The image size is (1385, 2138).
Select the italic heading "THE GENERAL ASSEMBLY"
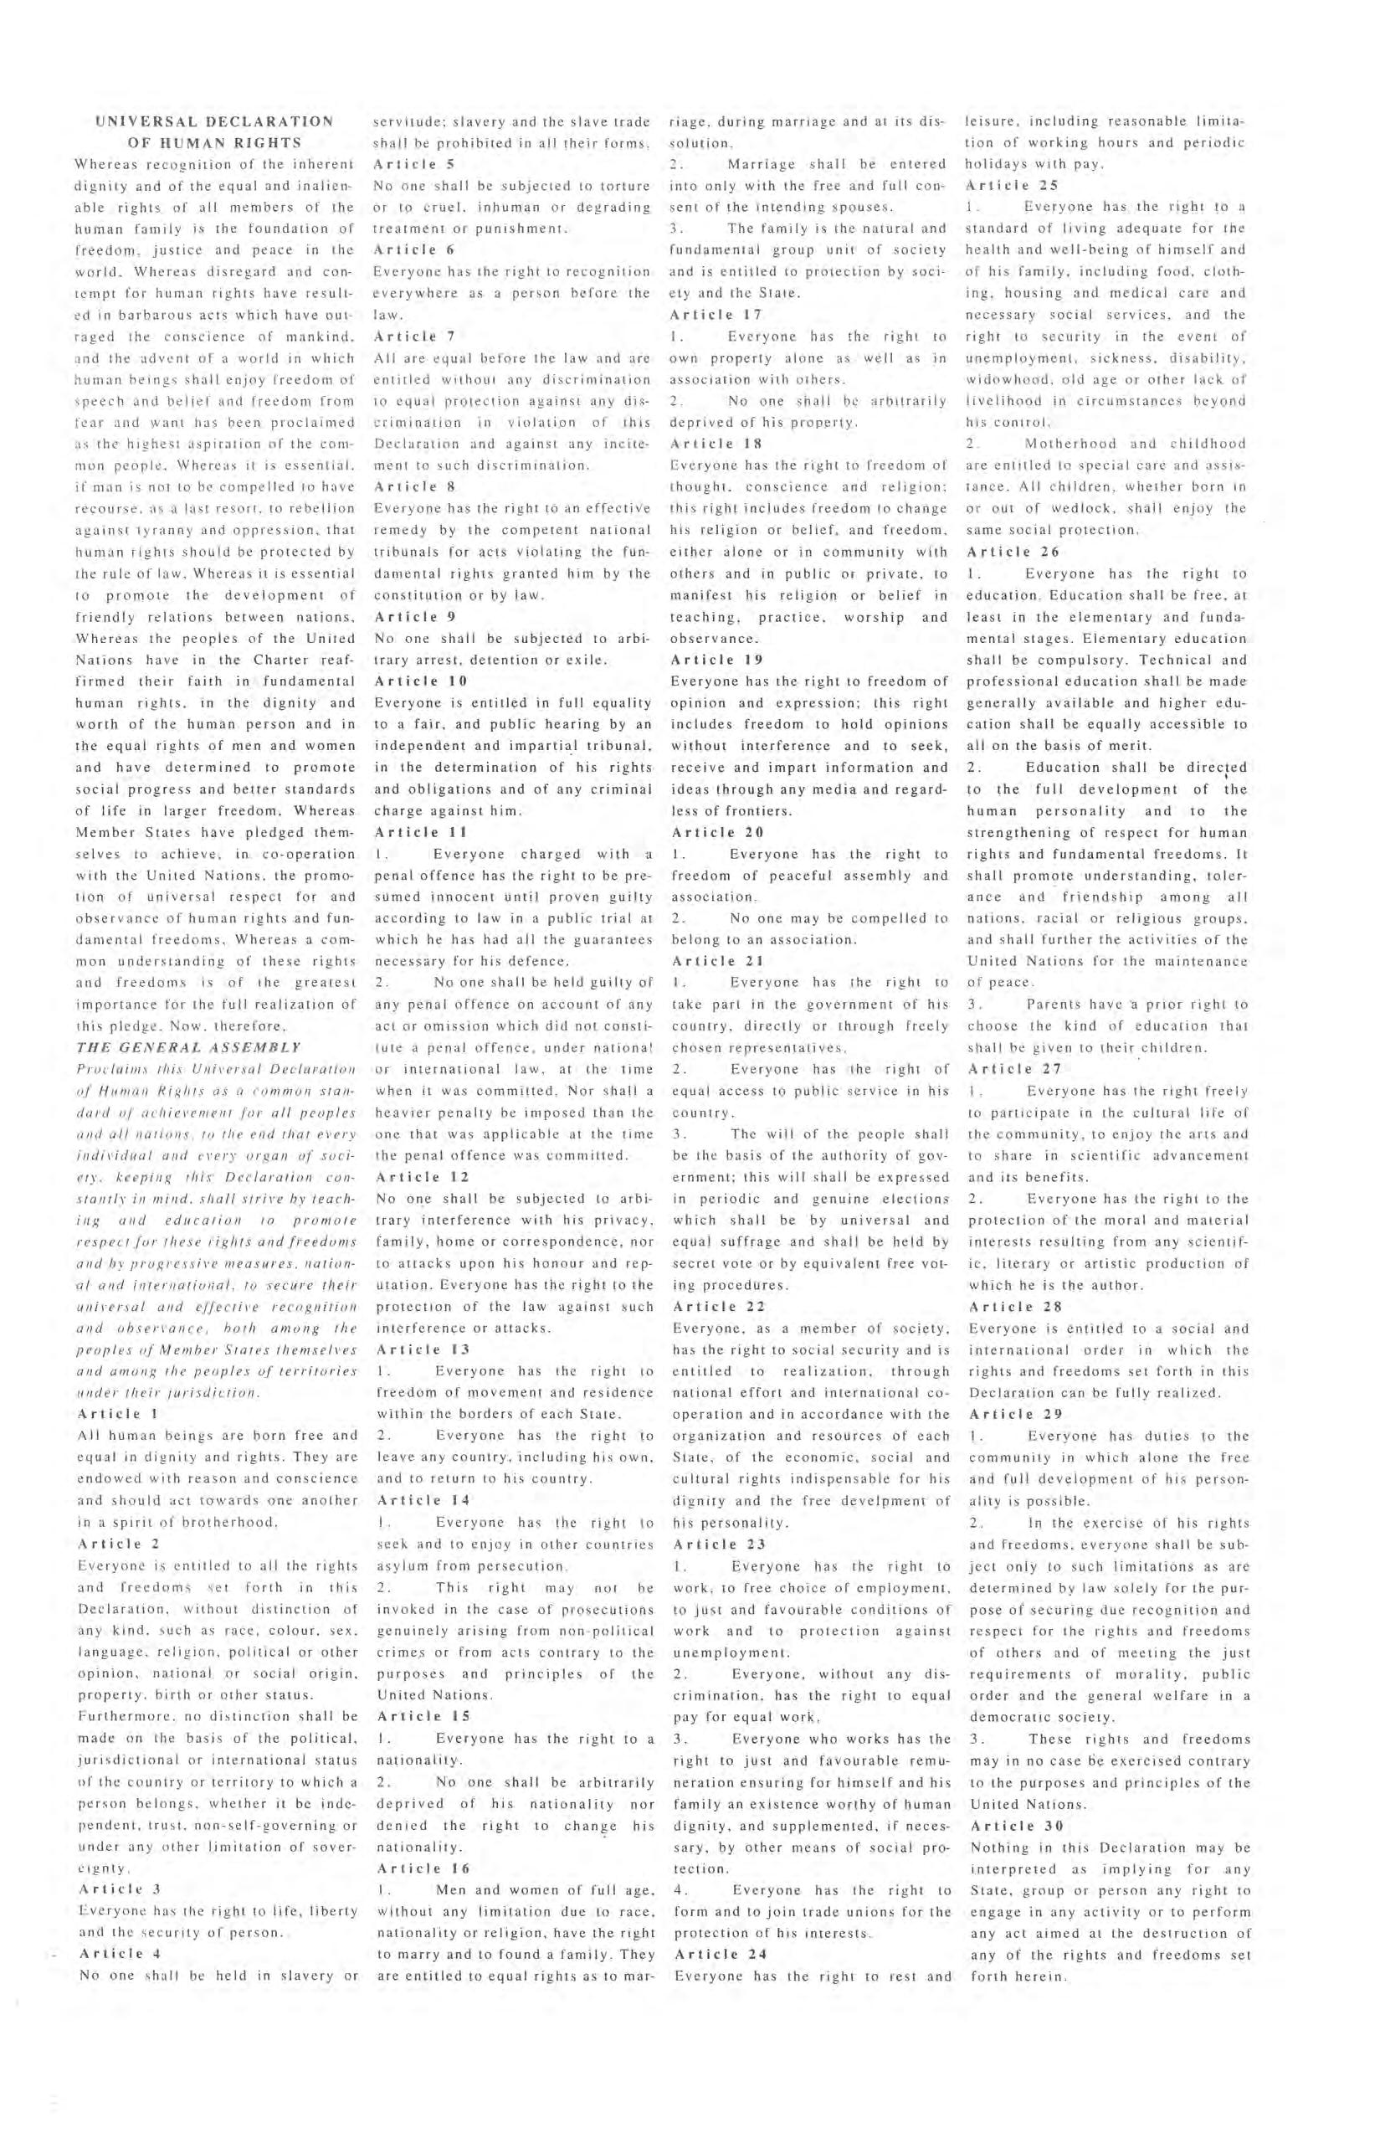click(x=187, y=1047)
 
